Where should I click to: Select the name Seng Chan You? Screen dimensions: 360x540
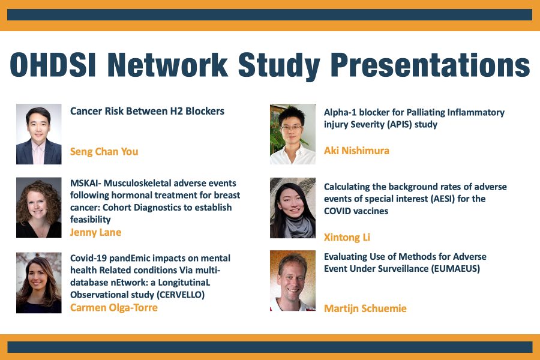point(104,151)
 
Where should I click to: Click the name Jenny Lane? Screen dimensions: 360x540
point(96,232)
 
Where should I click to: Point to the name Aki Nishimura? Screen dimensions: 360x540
point(356,150)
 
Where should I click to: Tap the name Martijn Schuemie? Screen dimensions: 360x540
point(365,308)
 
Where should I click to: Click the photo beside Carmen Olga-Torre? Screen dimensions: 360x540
point(39,283)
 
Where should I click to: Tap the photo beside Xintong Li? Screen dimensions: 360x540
point(293,208)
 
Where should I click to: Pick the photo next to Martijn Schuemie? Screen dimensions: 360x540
point(293,281)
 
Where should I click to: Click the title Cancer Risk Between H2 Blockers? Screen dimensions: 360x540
point(147,111)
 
